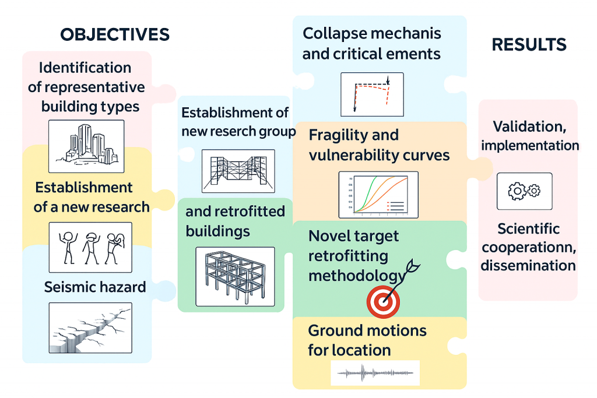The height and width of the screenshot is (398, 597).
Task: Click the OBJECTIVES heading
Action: tap(115, 34)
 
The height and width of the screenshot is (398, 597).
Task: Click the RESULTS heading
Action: tap(529, 45)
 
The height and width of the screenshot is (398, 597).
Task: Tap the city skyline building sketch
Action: tap(86, 146)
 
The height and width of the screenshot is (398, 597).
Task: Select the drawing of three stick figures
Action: tap(90, 246)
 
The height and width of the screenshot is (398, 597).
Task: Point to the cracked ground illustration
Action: tap(90, 328)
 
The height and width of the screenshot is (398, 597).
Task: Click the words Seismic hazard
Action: tap(95, 287)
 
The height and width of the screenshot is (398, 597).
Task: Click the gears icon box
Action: tap(524, 191)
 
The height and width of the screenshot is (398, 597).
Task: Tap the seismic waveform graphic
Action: tap(375, 372)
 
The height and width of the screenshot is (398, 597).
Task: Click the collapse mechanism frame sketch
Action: tap(371, 94)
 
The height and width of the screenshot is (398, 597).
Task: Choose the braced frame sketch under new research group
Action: tap(236, 171)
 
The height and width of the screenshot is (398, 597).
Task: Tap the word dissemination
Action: tap(528, 265)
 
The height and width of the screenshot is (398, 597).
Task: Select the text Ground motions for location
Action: tap(367, 340)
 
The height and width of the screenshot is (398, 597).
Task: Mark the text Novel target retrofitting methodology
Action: tap(356, 255)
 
